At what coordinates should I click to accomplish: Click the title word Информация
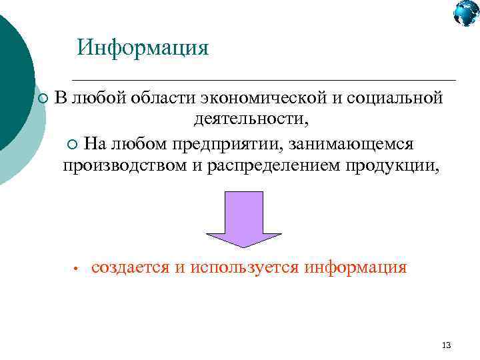(x=143, y=48)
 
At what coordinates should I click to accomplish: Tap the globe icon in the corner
(x=466, y=13)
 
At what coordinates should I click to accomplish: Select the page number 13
(x=446, y=345)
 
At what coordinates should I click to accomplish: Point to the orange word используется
(x=245, y=267)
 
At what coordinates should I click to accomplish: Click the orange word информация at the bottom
(x=355, y=267)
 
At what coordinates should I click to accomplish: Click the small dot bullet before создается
(x=77, y=269)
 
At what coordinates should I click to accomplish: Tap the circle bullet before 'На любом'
(x=73, y=145)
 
